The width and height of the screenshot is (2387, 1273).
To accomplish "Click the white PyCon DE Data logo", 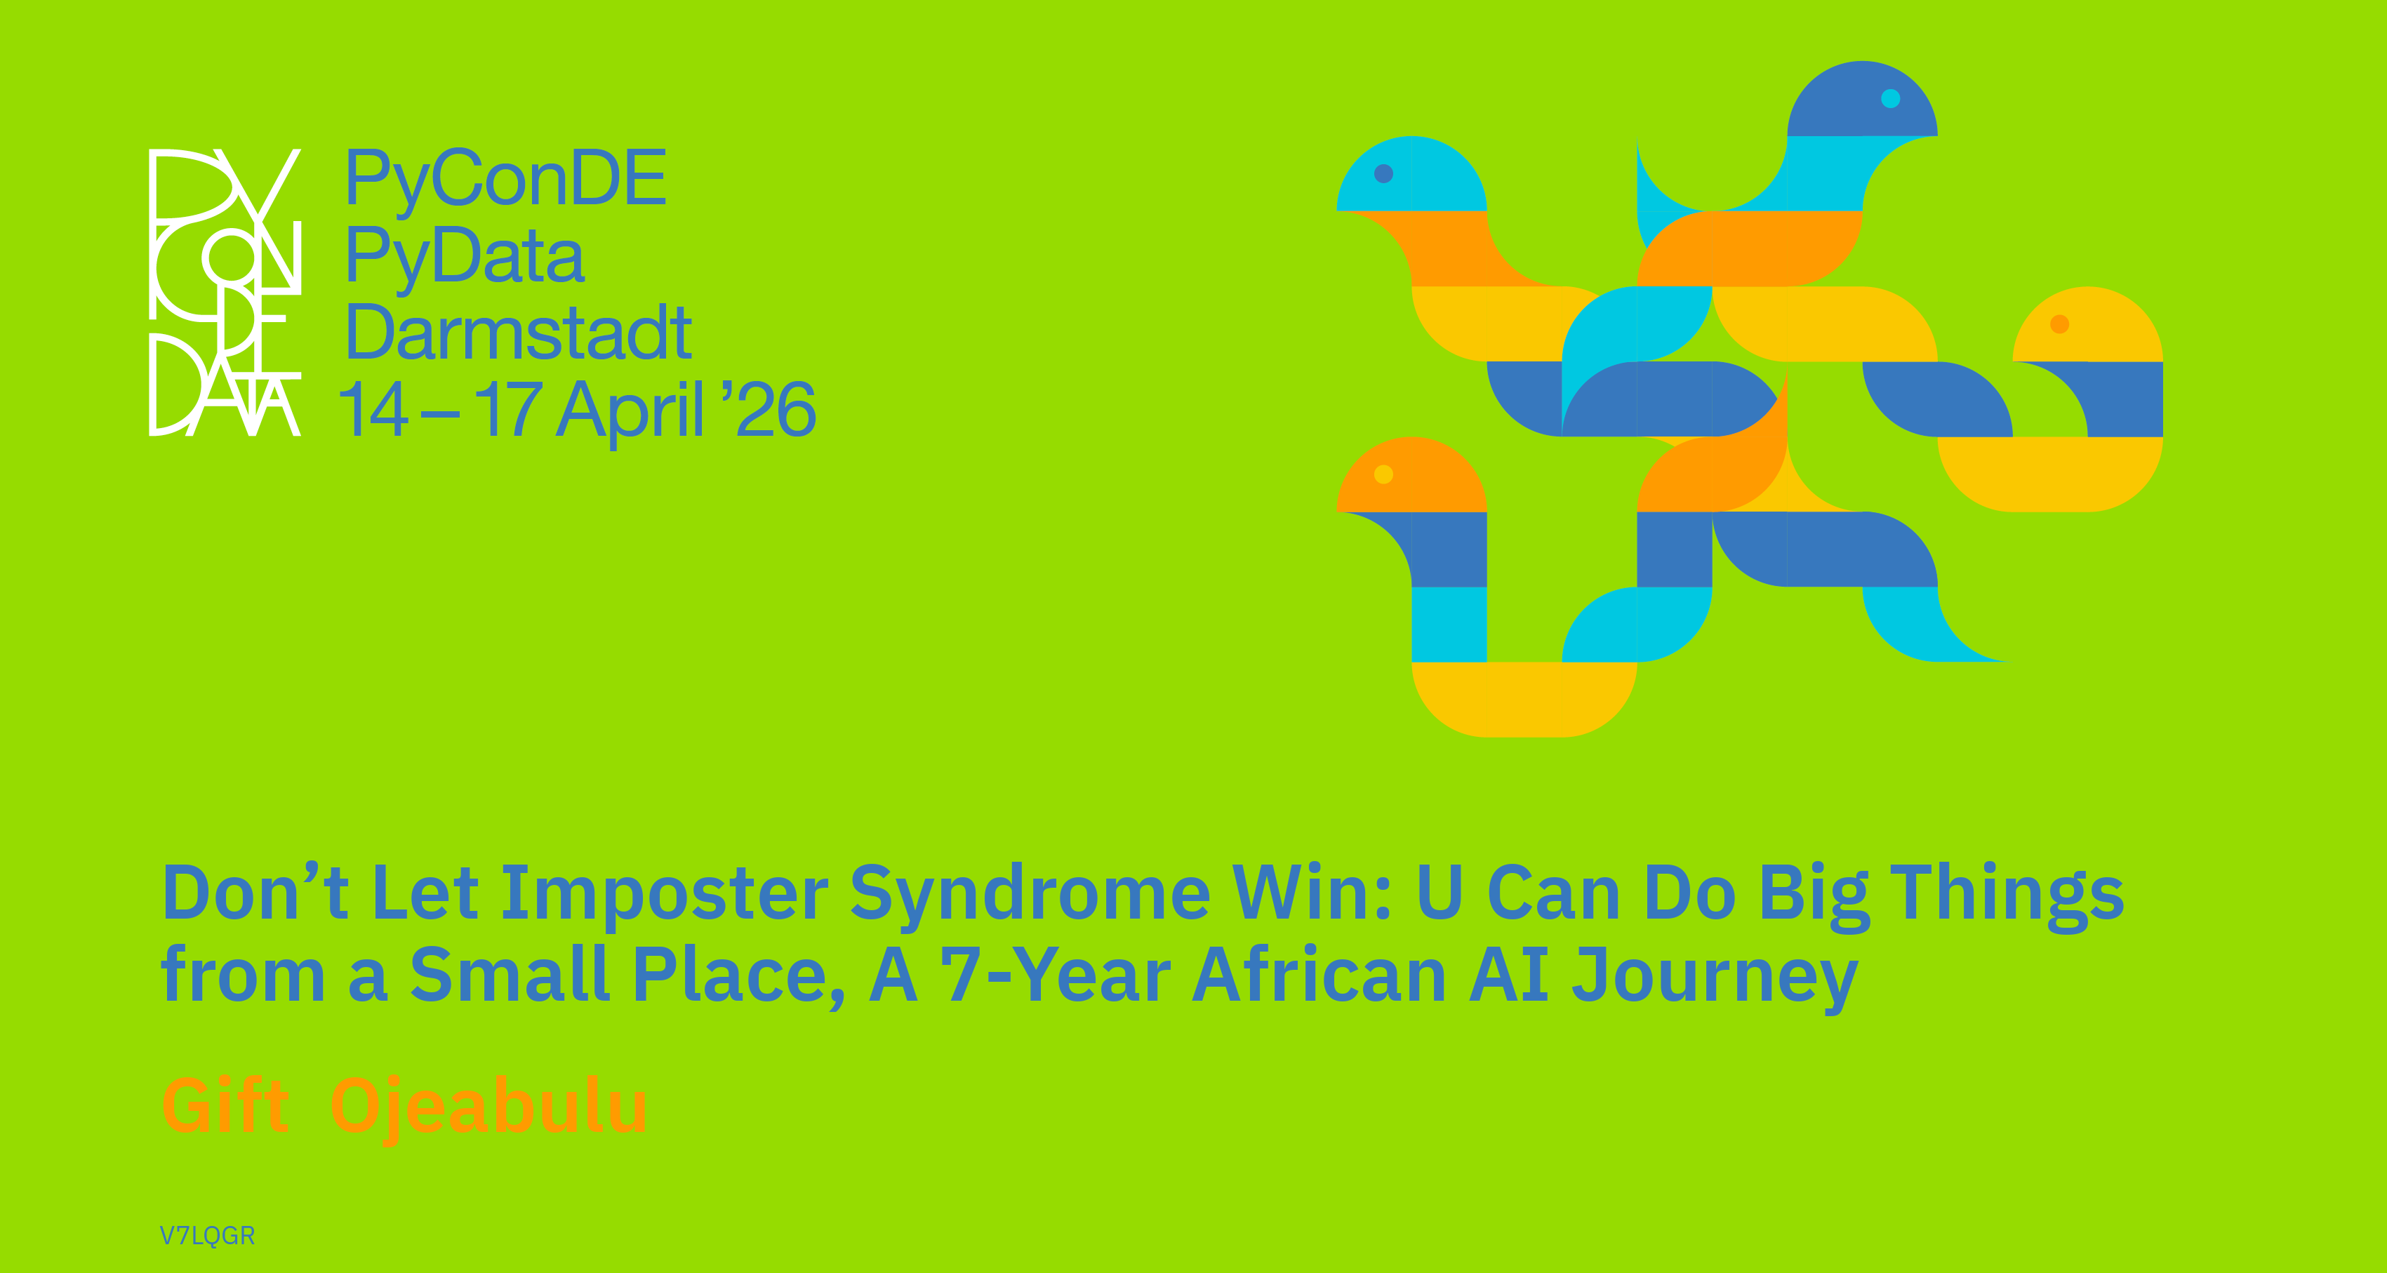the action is click(225, 292).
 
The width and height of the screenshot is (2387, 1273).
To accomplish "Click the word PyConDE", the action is click(506, 180).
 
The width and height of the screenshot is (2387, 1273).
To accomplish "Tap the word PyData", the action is click(465, 257).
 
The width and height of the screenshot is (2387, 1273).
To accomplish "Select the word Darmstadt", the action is click(519, 332).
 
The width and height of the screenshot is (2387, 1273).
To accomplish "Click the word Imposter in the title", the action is click(665, 895).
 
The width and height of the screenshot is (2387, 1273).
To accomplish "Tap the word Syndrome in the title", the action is click(1030, 895).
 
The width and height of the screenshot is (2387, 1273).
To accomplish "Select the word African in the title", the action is click(1319, 975).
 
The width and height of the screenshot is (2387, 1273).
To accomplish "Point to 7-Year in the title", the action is click(1056, 975).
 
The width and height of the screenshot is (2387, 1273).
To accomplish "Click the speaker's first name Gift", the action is click(225, 1105).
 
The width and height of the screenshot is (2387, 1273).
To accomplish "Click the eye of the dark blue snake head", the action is click(1890, 98).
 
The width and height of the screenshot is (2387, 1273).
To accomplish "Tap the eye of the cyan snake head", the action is click(1383, 173).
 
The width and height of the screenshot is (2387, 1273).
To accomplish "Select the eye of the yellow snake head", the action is click(2060, 324).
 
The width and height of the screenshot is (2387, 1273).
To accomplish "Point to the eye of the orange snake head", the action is click(1383, 474).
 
